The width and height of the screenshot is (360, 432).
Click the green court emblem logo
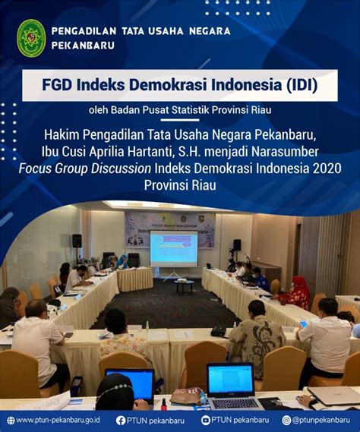31,39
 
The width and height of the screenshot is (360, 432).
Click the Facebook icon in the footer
121,420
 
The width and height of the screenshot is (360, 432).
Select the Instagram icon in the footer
286,420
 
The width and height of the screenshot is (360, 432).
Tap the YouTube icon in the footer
206,420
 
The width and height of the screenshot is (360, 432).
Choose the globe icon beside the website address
10,420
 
